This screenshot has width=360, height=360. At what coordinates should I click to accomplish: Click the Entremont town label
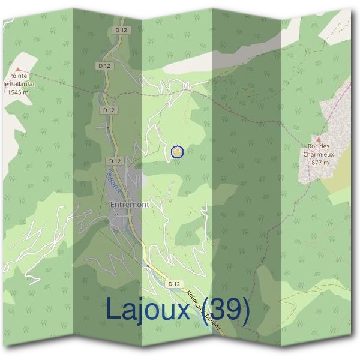130,205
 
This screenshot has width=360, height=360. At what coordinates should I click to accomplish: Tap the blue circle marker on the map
176,152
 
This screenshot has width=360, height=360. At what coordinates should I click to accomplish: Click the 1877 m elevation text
319,161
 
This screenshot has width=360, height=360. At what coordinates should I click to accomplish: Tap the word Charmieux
319,154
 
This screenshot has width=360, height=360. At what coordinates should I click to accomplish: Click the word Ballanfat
23,84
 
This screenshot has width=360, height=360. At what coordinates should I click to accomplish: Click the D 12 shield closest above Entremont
116,161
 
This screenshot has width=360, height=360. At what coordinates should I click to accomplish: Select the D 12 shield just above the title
174,283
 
